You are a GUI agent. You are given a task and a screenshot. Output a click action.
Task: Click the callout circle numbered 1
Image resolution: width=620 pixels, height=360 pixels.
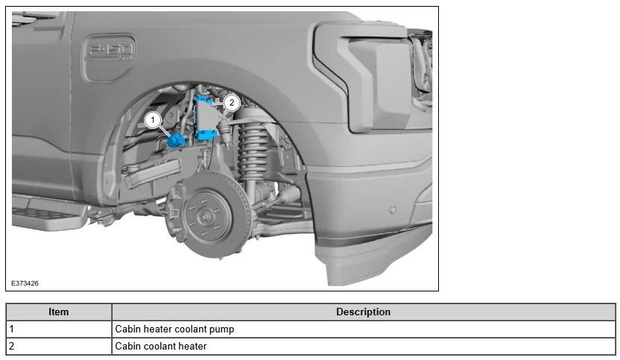coord(153,119)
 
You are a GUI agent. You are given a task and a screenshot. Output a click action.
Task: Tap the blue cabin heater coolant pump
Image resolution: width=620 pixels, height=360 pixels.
coord(177,139)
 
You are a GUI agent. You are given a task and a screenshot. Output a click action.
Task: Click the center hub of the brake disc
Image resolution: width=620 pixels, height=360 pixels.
coord(203,218)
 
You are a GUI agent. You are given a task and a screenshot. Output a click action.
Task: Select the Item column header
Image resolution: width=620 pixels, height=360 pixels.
coord(59,312)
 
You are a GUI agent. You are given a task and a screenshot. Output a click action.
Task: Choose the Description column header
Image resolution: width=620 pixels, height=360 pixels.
coord(363,312)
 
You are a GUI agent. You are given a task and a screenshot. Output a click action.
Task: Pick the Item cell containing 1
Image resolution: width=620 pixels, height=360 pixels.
coord(59,329)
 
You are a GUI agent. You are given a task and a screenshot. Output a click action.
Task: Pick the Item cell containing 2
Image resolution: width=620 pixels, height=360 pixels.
coord(59,346)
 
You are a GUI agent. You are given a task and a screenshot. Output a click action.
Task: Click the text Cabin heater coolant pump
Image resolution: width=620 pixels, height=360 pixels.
coord(174,329)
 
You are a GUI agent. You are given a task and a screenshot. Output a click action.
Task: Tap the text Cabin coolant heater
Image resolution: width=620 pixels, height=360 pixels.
coord(160,346)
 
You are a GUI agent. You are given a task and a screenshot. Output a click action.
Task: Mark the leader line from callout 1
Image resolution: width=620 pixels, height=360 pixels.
coord(165,129)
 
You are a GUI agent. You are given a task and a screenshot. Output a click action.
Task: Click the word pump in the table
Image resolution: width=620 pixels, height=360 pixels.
coord(221,329)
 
